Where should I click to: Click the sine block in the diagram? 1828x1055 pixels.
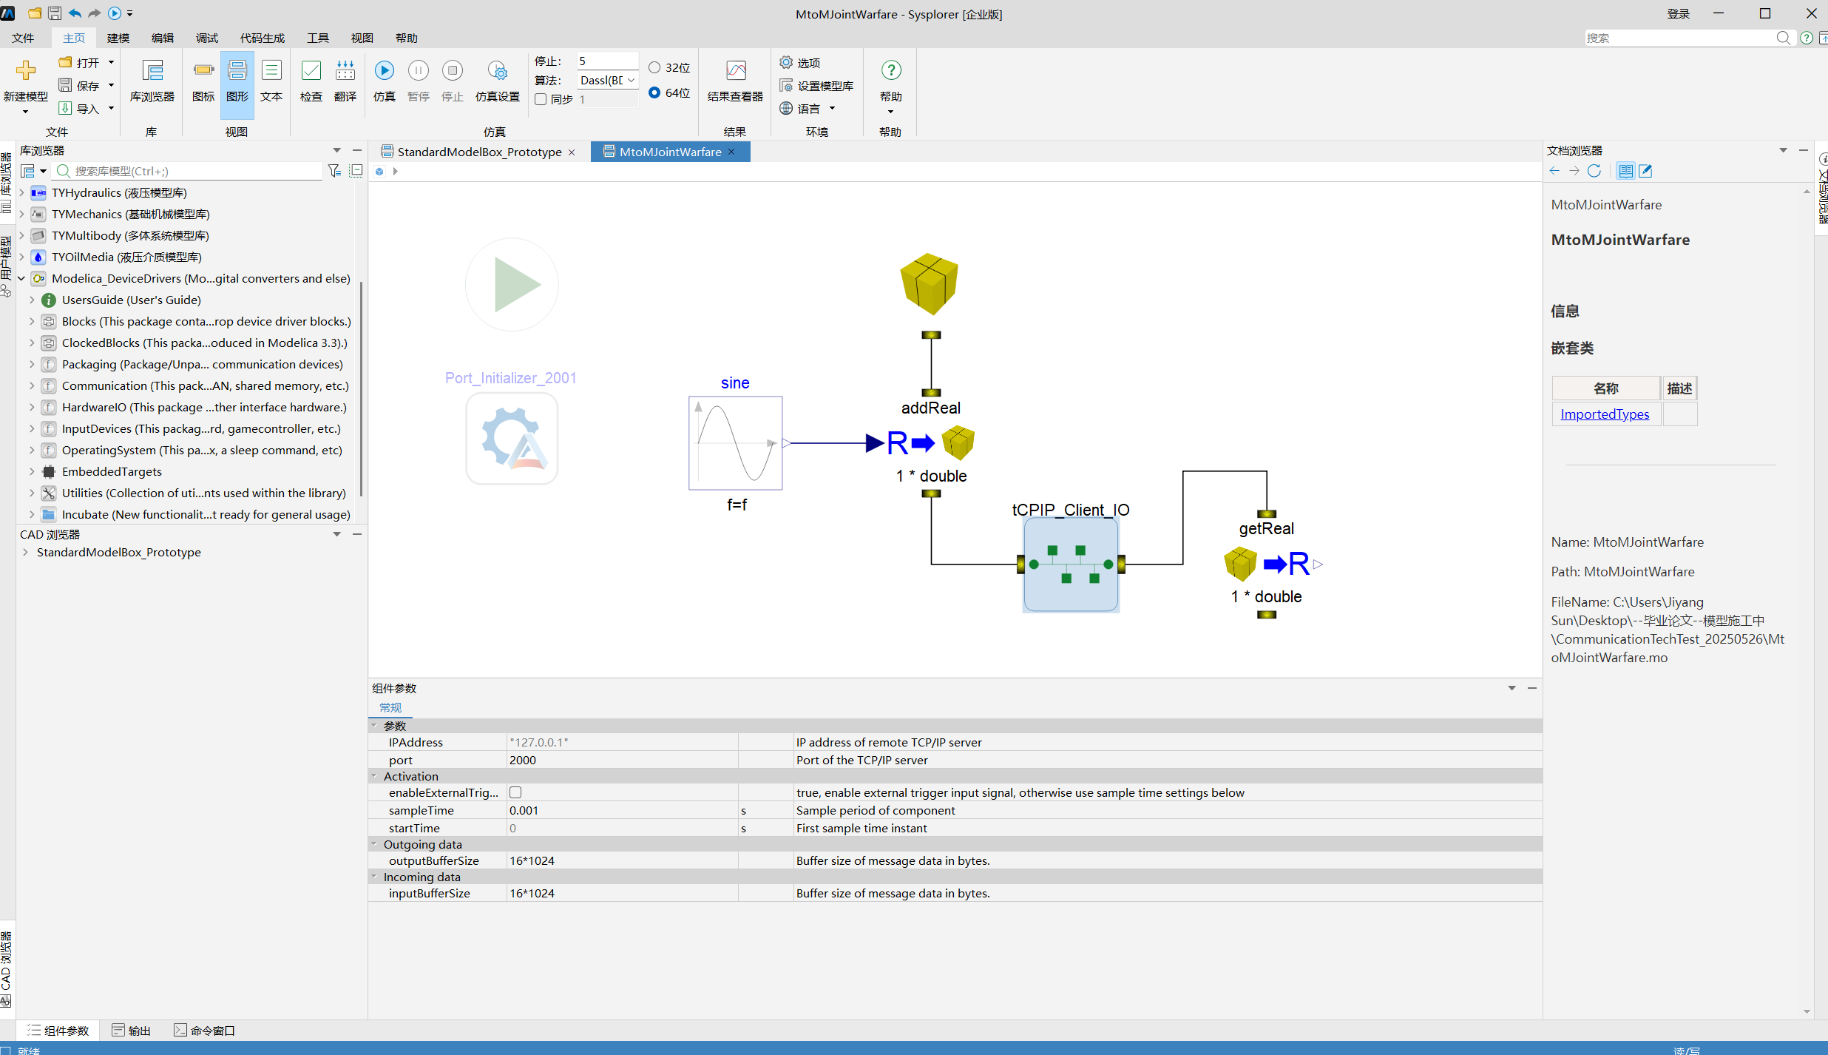click(735, 442)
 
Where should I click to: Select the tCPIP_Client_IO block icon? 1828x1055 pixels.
click(1071, 564)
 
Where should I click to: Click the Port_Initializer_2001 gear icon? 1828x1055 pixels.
click(512, 438)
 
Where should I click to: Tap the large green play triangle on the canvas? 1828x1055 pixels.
click(517, 285)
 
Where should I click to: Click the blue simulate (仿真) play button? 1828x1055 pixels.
click(384, 70)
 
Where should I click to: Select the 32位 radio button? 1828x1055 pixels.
click(654, 67)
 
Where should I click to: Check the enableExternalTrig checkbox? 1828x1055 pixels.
click(515, 792)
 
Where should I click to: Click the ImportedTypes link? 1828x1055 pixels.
click(1605, 414)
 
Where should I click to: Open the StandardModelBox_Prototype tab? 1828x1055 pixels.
click(479, 152)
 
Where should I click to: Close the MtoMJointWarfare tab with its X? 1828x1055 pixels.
click(732, 152)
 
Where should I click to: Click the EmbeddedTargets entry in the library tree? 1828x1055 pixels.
click(112, 471)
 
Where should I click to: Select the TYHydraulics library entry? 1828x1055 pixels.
click(119, 192)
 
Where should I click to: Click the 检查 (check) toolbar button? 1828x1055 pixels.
click(311, 81)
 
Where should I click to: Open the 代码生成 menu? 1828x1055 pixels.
click(263, 38)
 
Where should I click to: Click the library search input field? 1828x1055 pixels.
click(196, 171)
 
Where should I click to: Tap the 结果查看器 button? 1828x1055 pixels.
click(735, 81)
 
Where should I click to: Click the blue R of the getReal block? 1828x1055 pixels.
click(1299, 564)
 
